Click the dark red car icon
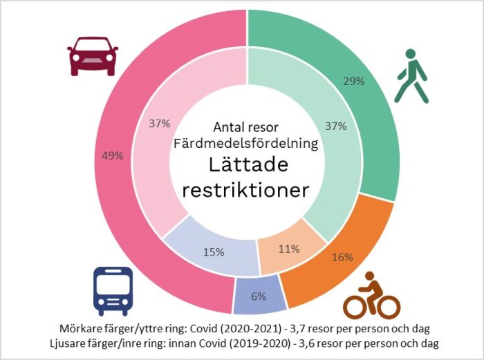93,57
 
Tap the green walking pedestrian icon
411,76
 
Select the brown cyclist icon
372,296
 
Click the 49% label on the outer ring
112,155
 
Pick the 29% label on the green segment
354,81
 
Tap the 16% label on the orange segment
342,257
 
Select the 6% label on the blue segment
259,296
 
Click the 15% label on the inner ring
213,252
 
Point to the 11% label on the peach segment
288,249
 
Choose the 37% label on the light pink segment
160,124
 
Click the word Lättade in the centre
247,166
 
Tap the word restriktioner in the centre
247,190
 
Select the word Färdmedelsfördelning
247,144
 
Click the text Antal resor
247,128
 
